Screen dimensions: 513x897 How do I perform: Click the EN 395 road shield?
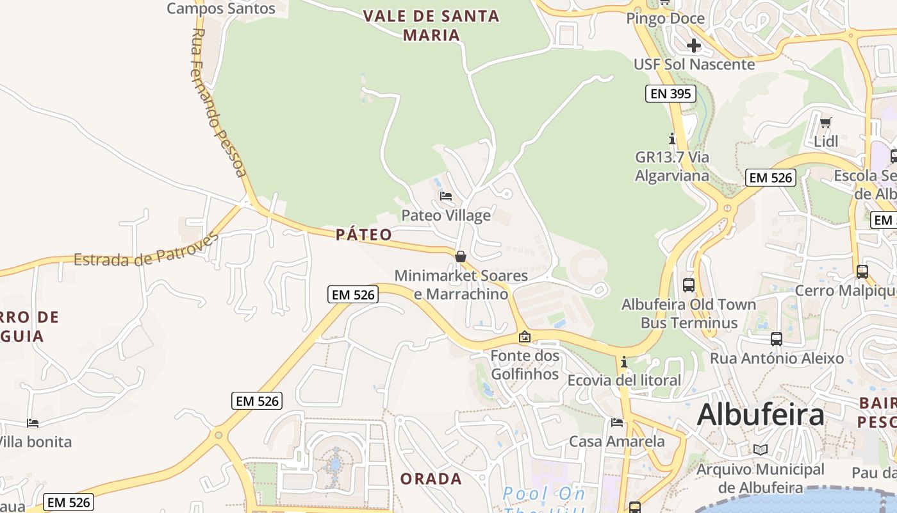pyautogui.click(x=670, y=94)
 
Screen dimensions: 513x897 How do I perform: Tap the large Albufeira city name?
pyautogui.click(x=761, y=414)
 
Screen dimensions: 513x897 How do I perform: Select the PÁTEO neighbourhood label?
pyautogui.click(x=364, y=235)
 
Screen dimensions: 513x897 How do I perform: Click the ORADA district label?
pyautogui.click(x=431, y=479)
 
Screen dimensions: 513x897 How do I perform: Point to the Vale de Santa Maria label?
pyautogui.click(x=431, y=25)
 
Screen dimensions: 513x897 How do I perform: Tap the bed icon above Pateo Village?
pyautogui.click(x=446, y=196)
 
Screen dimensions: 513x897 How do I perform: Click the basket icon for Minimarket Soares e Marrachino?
pyautogui.click(x=460, y=257)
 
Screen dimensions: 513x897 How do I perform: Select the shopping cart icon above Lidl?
pyautogui.click(x=826, y=122)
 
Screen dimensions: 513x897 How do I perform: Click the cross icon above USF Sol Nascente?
pyautogui.click(x=693, y=46)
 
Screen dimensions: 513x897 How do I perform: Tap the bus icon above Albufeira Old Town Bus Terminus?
pyautogui.click(x=689, y=285)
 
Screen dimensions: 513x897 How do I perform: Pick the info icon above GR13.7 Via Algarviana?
pyautogui.click(x=671, y=139)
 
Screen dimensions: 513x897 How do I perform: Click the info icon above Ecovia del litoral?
pyautogui.click(x=623, y=362)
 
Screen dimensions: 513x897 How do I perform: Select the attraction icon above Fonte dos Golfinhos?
pyautogui.click(x=525, y=337)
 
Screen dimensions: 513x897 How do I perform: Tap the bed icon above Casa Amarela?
pyautogui.click(x=617, y=423)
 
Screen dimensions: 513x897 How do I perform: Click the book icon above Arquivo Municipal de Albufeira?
pyautogui.click(x=761, y=450)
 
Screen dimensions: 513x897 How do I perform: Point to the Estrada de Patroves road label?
pyautogui.click(x=145, y=250)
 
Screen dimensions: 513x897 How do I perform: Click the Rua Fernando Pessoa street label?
pyautogui.click(x=218, y=103)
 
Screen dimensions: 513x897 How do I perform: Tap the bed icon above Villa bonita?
pyautogui.click(x=33, y=423)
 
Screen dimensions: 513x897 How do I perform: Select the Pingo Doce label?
pyautogui.click(x=665, y=19)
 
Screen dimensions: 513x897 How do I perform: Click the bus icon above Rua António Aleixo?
pyautogui.click(x=777, y=339)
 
